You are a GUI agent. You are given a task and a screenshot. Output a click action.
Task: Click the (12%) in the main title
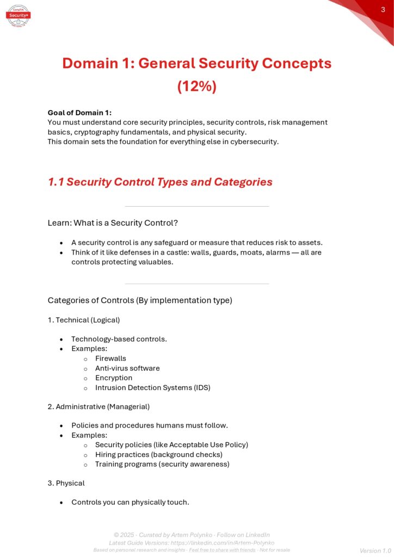pyautogui.click(x=196, y=86)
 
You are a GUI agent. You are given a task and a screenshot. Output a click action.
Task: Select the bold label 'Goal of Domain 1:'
pyautogui.click(x=79, y=113)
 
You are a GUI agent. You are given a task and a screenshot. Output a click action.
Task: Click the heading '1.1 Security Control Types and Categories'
pyautogui.click(x=160, y=182)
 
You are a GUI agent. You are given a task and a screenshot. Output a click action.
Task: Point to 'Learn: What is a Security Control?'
pyautogui.click(x=113, y=223)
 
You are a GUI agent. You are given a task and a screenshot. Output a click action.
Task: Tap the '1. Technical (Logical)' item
pyautogui.click(x=84, y=320)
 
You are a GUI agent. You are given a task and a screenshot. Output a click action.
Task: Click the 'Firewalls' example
pyautogui.click(x=110, y=358)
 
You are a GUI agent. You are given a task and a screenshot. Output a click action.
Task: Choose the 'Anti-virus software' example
pyautogui.click(x=127, y=368)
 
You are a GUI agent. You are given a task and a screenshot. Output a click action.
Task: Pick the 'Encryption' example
pyautogui.click(x=114, y=378)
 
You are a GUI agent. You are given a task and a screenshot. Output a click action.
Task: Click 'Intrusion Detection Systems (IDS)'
pyautogui.click(x=152, y=388)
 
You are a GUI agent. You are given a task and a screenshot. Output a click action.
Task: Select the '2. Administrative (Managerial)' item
pyautogui.click(x=98, y=406)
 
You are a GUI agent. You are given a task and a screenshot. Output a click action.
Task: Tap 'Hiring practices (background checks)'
pyautogui.click(x=158, y=454)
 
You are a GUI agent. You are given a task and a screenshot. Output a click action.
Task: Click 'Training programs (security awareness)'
pyautogui.click(x=162, y=464)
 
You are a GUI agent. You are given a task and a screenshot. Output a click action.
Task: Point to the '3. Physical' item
pyautogui.click(x=66, y=483)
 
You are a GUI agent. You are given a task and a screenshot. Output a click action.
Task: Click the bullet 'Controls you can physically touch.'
pyautogui.click(x=130, y=502)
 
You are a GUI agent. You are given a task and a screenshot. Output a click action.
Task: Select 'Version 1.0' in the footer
pyautogui.click(x=375, y=550)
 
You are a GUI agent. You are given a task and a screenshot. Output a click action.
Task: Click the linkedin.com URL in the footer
pyautogui.click(x=224, y=543)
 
